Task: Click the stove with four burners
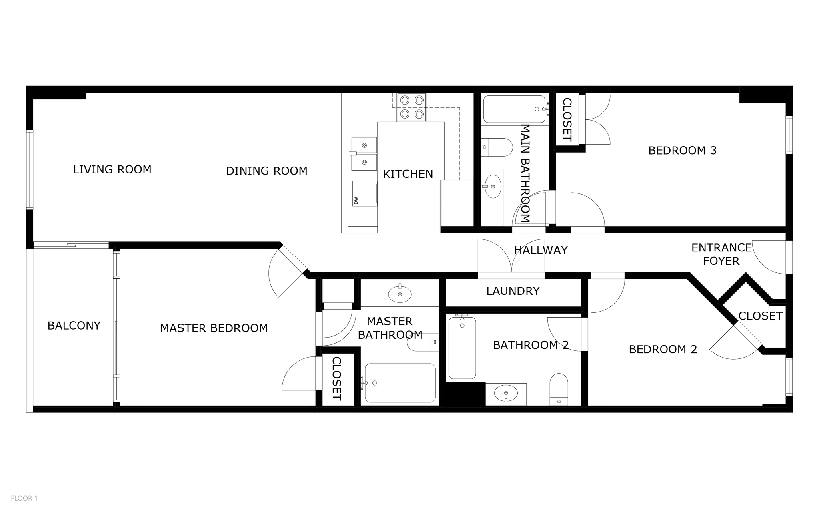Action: [x=411, y=107]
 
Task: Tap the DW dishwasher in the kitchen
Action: [x=364, y=193]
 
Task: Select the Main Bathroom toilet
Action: [x=497, y=147]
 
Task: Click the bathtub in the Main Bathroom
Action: [x=514, y=109]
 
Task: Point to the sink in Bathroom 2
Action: [x=506, y=394]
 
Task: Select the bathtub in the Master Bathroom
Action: [x=400, y=383]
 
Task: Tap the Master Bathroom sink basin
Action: [x=400, y=294]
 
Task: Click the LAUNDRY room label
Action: [x=513, y=291]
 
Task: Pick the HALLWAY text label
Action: [x=541, y=250]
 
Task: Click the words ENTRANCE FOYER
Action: [x=721, y=254]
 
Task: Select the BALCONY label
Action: [x=74, y=326]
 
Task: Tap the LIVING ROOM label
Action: [x=112, y=169]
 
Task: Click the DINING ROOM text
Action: [x=266, y=171]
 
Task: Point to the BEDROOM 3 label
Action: [x=682, y=151]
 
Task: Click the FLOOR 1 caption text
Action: [x=24, y=498]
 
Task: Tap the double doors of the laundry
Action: [x=511, y=258]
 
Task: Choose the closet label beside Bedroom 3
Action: [x=567, y=120]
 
